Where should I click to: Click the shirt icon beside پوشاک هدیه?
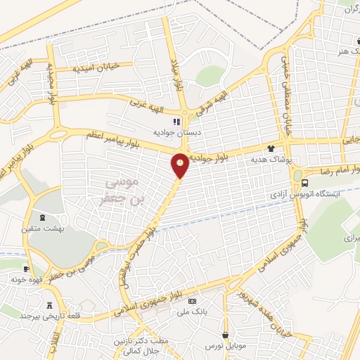[271, 148]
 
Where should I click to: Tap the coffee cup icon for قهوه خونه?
[27, 269]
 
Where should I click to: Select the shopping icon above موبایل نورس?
[225, 335]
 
